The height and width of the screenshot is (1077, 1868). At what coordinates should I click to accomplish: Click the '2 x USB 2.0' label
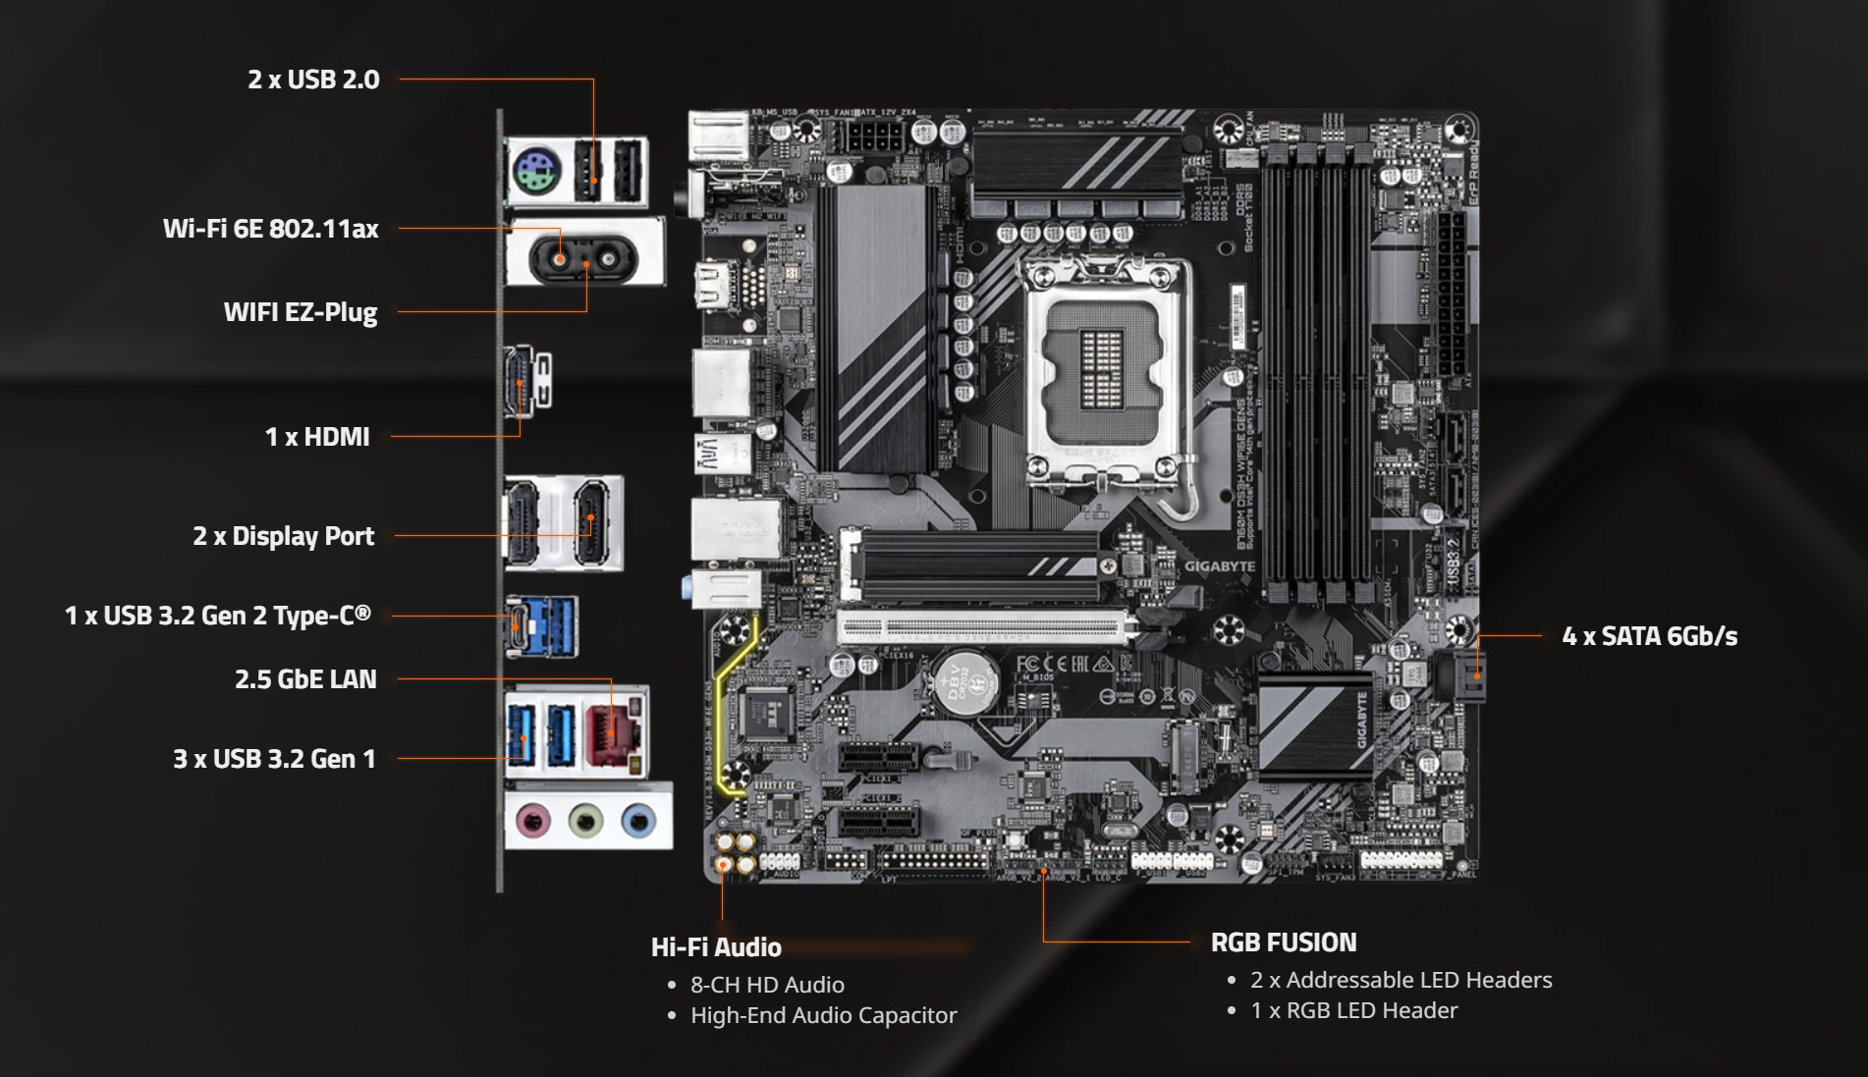(313, 80)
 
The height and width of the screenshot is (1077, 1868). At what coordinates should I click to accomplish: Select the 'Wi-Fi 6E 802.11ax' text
(270, 229)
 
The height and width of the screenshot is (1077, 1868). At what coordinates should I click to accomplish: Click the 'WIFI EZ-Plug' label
(300, 312)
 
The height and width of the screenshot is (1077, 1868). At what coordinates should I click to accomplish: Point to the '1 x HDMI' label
(317, 437)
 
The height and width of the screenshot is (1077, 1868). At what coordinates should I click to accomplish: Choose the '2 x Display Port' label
(283, 536)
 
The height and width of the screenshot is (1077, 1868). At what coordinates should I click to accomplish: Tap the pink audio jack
(532, 819)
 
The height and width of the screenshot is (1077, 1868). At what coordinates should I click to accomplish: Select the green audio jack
(585, 819)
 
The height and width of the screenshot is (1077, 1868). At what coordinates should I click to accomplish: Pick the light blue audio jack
(638, 819)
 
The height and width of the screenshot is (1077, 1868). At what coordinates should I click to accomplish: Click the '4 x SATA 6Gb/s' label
(1649, 636)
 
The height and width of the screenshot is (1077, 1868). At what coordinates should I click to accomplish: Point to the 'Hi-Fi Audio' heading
(716, 947)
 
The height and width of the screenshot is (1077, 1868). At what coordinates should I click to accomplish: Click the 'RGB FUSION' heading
(1283, 942)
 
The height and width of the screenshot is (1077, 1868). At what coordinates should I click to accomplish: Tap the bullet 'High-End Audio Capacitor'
(823, 1015)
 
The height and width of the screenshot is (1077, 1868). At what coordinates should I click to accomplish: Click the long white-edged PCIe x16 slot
(982, 627)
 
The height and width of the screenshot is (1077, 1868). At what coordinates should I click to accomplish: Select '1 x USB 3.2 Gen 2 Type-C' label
(218, 616)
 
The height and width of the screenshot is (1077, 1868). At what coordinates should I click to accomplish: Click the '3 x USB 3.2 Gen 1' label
(274, 759)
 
